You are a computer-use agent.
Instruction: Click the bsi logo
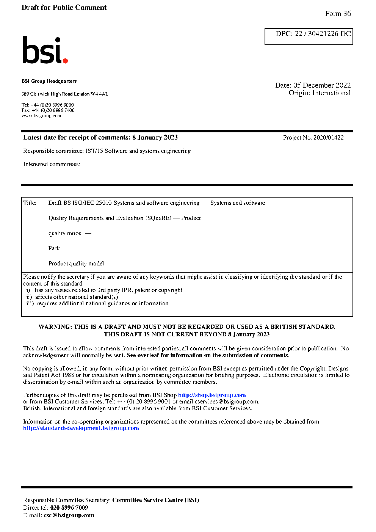[45, 50]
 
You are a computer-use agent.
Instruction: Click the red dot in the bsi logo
[65, 60]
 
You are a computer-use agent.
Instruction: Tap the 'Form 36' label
[338, 14]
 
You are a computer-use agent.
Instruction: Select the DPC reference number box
[309, 36]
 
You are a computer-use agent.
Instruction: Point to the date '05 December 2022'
[322, 85]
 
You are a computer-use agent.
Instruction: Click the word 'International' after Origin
[331, 93]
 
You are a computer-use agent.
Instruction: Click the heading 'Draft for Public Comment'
[64, 8]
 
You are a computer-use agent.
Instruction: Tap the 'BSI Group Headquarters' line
[49, 81]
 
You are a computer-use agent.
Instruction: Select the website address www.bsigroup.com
[41, 116]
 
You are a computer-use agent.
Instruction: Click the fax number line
[48, 110]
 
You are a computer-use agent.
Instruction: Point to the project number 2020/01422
[329, 138]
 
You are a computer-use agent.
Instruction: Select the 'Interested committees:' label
[52, 164]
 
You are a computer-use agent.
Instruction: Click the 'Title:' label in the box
[30, 203]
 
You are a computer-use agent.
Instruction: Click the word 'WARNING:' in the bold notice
[55, 327]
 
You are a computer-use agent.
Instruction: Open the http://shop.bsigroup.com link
[212, 395]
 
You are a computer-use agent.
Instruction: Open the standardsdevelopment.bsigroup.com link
[81, 428]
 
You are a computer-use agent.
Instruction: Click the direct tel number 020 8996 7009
[69, 508]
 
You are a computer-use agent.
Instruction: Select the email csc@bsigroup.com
[69, 515]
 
